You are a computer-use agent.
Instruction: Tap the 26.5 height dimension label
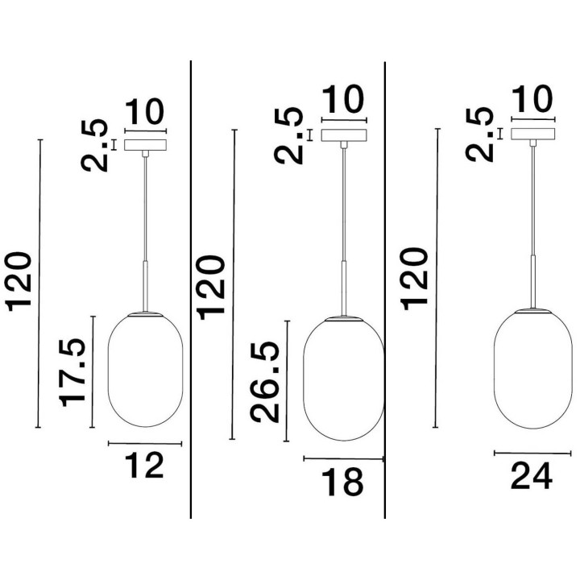click(x=264, y=382)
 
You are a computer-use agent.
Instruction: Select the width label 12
click(x=144, y=465)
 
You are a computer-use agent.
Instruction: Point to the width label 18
click(x=342, y=482)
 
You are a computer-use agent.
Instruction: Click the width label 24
click(x=532, y=476)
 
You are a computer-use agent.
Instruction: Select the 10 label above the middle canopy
click(x=343, y=99)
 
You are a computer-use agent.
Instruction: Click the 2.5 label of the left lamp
click(x=95, y=146)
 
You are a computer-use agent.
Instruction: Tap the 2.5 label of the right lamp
click(x=480, y=135)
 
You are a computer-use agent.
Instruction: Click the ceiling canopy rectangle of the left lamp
click(x=145, y=145)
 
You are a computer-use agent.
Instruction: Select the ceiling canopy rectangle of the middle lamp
click(x=344, y=135)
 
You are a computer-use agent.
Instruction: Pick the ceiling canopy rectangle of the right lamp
click(x=533, y=134)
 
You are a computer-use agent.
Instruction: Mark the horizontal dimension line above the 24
click(x=532, y=453)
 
